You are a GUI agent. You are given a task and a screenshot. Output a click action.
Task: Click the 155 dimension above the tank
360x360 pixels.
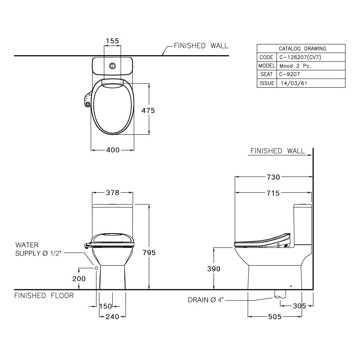pyautogui.click(x=113, y=40)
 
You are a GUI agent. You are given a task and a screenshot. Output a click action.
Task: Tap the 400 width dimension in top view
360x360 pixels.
pyautogui.click(x=113, y=150)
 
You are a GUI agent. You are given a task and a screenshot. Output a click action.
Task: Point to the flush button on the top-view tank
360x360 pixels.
pyautogui.click(x=113, y=65)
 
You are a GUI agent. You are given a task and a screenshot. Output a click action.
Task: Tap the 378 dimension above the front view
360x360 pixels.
pyautogui.click(x=113, y=192)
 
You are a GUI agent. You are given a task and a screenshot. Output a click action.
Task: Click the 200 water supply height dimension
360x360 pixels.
pyautogui.click(x=79, y=279)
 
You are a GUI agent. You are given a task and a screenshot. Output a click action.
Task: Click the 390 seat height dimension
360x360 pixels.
pyautogui.click(x=214, y=269)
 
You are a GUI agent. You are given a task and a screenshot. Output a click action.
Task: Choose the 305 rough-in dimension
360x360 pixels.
pyautogui.click(x=299, y=306)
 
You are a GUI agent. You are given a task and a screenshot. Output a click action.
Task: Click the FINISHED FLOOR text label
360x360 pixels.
pyautogui.click(x=44, y=296)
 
